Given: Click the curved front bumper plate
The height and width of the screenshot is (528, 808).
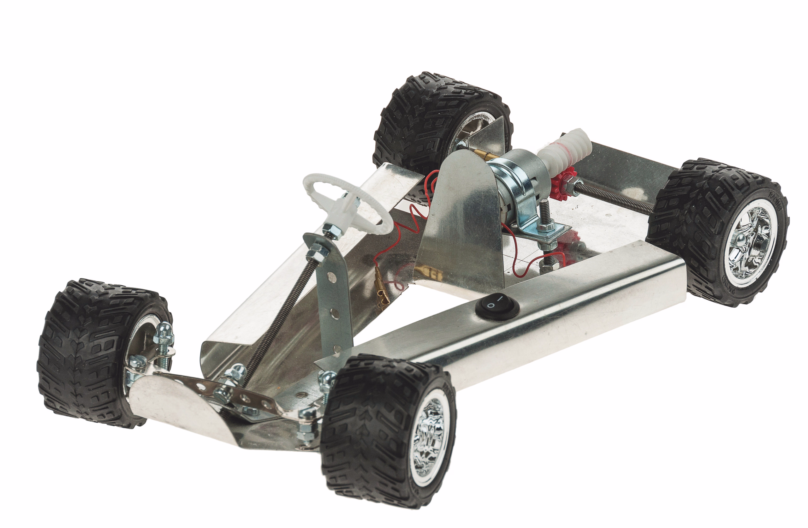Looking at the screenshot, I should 176,407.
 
